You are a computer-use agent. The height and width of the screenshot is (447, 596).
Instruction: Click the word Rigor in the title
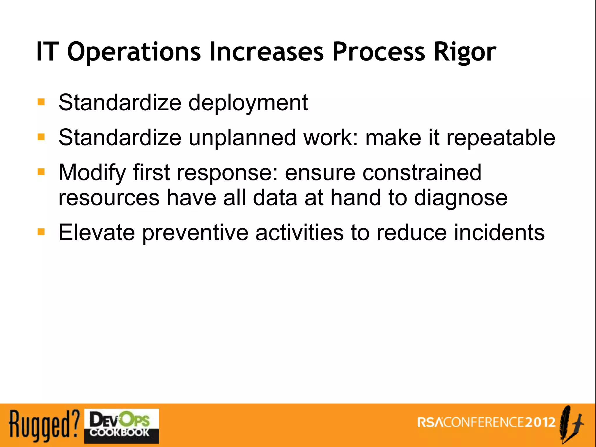465,52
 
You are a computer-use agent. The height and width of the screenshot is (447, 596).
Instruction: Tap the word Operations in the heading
134,52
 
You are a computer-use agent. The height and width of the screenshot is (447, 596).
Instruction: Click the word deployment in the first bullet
248,103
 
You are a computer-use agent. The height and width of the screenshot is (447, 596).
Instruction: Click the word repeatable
501,138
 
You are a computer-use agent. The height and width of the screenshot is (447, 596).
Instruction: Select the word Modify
92,173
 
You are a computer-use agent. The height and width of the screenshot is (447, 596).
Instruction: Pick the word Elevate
97,233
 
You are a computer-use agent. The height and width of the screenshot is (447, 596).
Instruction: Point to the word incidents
499,233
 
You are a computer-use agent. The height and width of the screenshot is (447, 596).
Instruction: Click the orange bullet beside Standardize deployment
41,102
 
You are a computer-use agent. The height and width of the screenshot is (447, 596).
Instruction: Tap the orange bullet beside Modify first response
41,172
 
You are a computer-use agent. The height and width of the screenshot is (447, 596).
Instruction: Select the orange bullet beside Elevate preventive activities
41,232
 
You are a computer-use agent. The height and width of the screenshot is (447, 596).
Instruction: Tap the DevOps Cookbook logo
121,426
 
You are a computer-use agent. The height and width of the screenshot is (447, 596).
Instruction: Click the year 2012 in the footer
540,422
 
